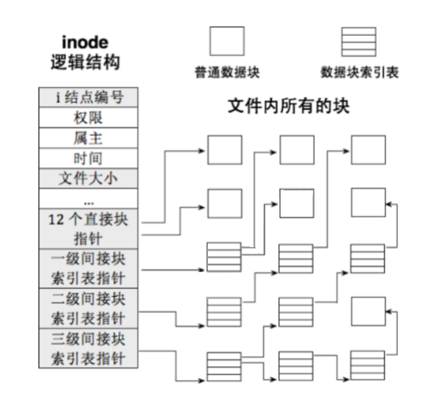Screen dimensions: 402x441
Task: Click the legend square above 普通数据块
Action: pyautogui.click(x=227, y=41)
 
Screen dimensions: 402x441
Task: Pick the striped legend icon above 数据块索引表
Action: pyautogui.click(x=359, y=41)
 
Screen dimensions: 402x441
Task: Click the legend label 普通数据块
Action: pyautogui.click(x=227, y=73)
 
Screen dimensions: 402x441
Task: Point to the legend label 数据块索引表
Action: pyautogui.click(x=359, y=73)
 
